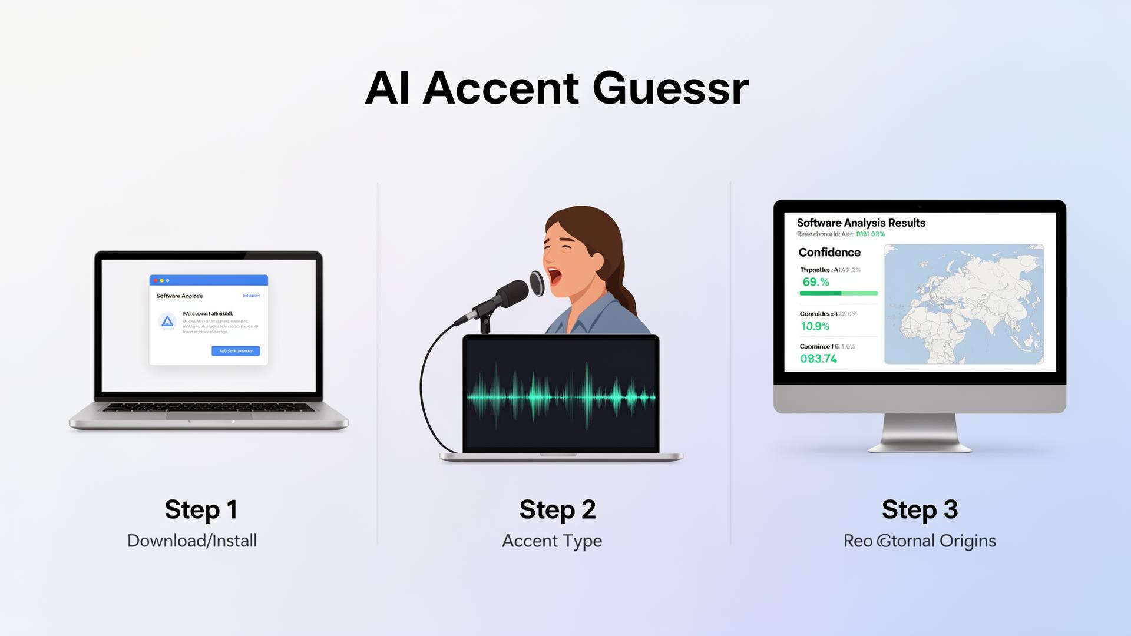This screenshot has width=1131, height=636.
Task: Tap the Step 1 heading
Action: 201,509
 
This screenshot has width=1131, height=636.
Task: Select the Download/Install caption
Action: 192,541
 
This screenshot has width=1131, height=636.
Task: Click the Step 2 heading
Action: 557,509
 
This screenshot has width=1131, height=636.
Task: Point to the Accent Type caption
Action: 552,541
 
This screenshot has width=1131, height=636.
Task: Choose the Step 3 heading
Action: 920,509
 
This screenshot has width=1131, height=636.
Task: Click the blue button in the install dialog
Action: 236,351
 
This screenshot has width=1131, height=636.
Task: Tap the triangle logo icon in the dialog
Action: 167,322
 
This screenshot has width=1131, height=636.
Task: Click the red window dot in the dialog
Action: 156,281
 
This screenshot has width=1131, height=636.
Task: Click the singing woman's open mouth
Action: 554,275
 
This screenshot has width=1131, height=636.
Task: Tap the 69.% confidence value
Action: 816,282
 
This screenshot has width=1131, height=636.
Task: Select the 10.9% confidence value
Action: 815,326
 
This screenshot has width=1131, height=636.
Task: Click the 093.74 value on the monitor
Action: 818,359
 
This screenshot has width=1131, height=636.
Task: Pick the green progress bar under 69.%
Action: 838,293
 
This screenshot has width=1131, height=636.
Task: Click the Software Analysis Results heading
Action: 861,223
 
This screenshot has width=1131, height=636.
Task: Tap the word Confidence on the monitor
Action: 829,252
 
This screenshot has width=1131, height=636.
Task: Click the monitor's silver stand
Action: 920,433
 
